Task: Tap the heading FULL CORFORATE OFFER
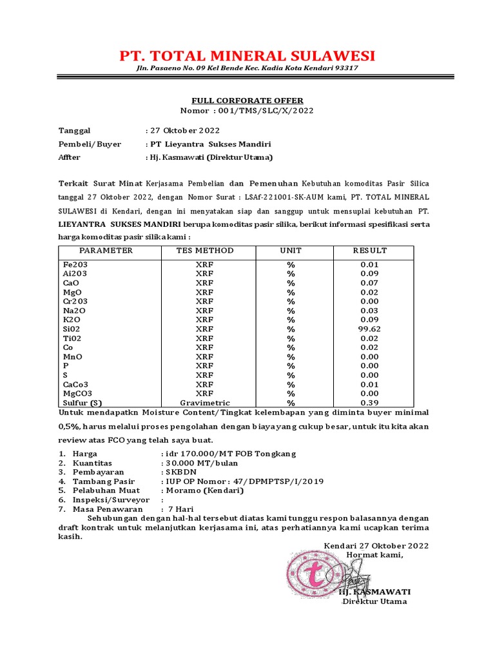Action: click(247, 101)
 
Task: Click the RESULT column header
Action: click(369, 251)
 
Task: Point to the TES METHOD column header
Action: click(205, 251)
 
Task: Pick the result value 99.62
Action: click(369, 329)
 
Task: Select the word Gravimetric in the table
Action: click(205, 403)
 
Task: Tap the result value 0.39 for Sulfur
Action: click(369, 403)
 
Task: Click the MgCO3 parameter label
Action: click(77, 393)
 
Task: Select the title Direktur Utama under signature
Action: click(374, 601)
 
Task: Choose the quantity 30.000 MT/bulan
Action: click(202, 463)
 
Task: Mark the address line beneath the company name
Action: click(247, 68)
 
